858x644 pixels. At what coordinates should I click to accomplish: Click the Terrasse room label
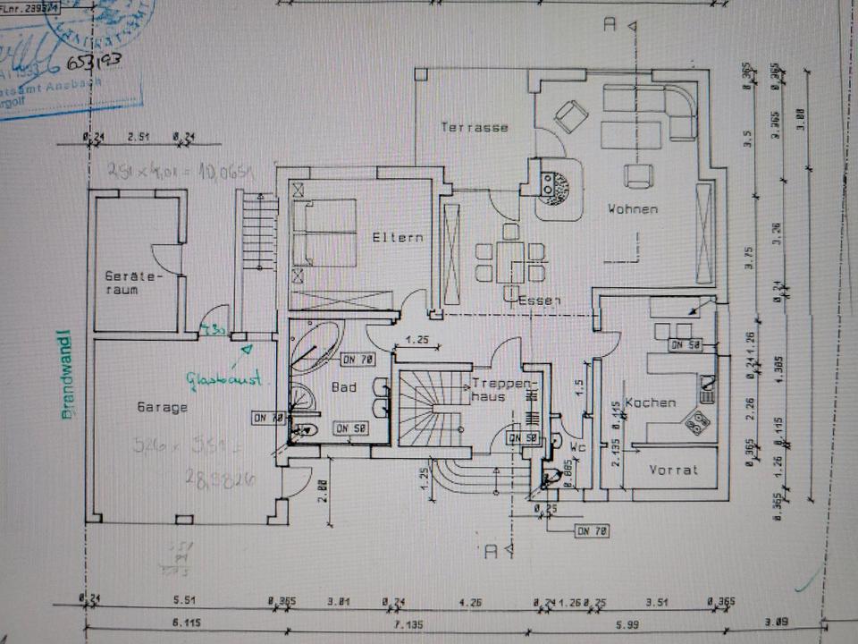point(474,128)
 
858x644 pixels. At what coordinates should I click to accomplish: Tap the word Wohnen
point(633,209)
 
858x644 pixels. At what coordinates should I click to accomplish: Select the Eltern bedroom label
point(398,238)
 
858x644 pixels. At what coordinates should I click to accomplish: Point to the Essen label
point(539,301)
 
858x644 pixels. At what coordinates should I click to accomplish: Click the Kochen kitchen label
point(650,402)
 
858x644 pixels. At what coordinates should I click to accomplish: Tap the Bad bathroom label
point(344,388)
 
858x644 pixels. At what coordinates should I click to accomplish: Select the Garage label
point(163,408)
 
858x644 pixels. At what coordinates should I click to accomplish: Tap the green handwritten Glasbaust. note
point(223,380)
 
